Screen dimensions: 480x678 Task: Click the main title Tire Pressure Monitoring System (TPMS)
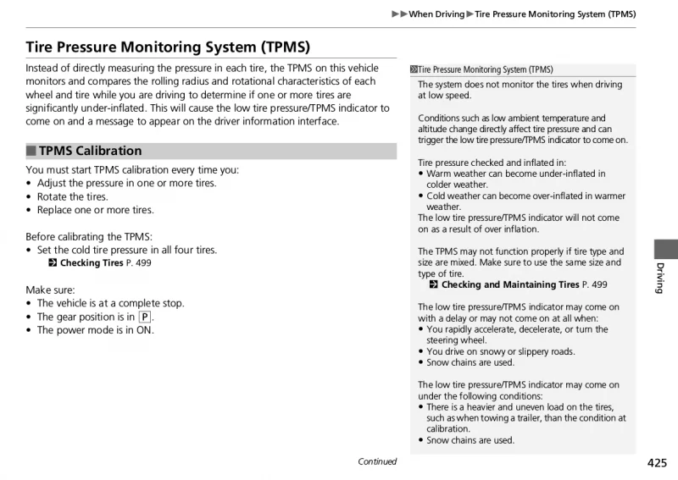(168, 47)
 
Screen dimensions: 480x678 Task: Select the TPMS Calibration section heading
(90, 151)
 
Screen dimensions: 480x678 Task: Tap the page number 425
(656, 462)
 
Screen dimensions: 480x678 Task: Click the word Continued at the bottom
(377, 461)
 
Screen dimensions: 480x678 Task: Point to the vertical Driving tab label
(660, 278)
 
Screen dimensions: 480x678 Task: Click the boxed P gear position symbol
(145, 317)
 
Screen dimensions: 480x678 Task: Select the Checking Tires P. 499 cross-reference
(100, 263)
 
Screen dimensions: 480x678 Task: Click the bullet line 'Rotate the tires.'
(72, 196)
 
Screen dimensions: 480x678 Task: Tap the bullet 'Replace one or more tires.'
(95, 210)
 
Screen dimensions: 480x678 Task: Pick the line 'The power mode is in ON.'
(95, 330)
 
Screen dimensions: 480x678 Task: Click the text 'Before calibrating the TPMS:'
(89, 236)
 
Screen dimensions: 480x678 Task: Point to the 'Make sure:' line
(49, 290)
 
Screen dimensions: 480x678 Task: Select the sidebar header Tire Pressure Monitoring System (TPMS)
(485, 70)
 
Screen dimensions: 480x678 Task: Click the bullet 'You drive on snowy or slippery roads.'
(500, 351)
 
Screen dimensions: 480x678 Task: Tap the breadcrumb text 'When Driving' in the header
(436, 14)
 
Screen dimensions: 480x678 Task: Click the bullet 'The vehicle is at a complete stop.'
(110, 303)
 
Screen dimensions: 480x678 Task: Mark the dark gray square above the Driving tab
(665, 249)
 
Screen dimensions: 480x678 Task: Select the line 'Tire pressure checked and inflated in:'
(492, 163)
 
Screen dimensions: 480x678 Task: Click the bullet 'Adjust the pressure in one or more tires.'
(126, 183)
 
